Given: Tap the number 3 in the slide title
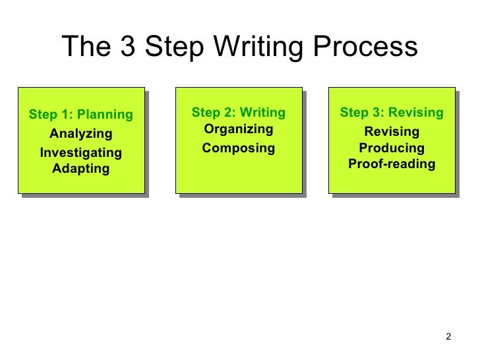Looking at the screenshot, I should (127, 47).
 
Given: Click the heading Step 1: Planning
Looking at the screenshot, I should (81, 115).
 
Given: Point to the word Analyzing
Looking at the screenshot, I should (81, 134).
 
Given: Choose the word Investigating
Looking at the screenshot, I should (81, 153).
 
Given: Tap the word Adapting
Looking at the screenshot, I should (81, 169).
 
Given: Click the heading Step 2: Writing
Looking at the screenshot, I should (238, 113).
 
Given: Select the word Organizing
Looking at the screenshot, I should (238, 129).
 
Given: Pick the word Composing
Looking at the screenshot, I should (238, 148).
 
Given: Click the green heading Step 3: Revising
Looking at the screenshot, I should (392, 113).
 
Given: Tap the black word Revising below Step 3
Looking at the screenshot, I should (392, 132).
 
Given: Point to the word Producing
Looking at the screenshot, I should (392, 148).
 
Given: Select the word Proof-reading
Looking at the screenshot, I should (392, 164).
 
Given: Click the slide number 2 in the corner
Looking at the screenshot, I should (448, 338).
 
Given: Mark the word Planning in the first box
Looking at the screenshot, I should (105, 115).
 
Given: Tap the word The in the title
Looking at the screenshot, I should (84, 47).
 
